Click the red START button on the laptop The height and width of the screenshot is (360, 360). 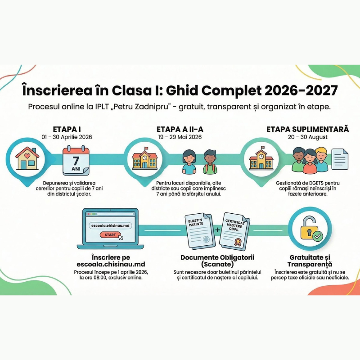click(110, 234)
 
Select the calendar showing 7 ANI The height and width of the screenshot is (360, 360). click(76, 160)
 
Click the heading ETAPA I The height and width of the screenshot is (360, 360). click(67, 129)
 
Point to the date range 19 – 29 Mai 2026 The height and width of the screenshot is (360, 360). click(180, 137)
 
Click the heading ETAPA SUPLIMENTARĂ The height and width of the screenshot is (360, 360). click(308, 129)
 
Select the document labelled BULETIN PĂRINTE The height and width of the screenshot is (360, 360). click(200, 231)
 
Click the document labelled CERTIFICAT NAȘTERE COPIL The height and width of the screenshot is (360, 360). click(234, 232)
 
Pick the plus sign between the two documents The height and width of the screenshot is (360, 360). click(217, 230)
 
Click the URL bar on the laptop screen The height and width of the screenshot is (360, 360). click(110, 225)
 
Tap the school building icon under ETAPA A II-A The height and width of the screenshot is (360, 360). click(144, 158)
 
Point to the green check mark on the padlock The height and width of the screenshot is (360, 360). click(318, 236)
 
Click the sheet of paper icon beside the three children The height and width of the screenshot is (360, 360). click(340, 159)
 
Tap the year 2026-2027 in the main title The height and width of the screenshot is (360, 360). click(301, 90)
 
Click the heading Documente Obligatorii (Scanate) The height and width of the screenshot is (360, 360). click(217, 261)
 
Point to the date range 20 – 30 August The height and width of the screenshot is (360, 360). click(308, 137)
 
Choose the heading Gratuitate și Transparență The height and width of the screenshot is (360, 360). click(310, 261)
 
